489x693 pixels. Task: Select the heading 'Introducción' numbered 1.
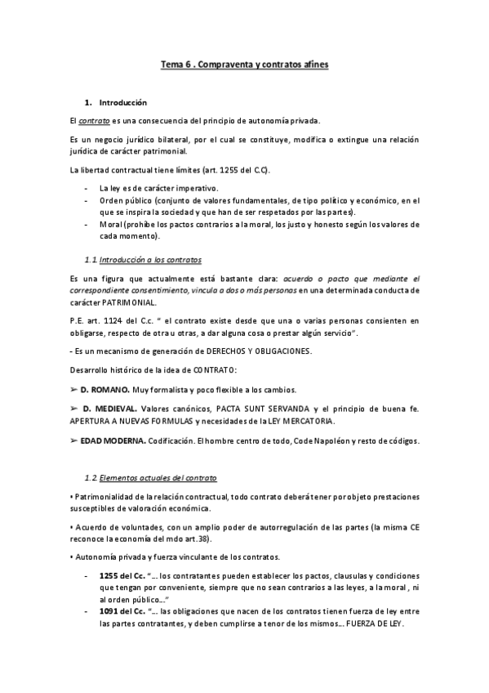122,103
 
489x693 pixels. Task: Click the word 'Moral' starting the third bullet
110,224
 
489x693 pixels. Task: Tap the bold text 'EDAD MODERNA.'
112,441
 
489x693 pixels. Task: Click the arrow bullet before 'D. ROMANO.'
74,390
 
